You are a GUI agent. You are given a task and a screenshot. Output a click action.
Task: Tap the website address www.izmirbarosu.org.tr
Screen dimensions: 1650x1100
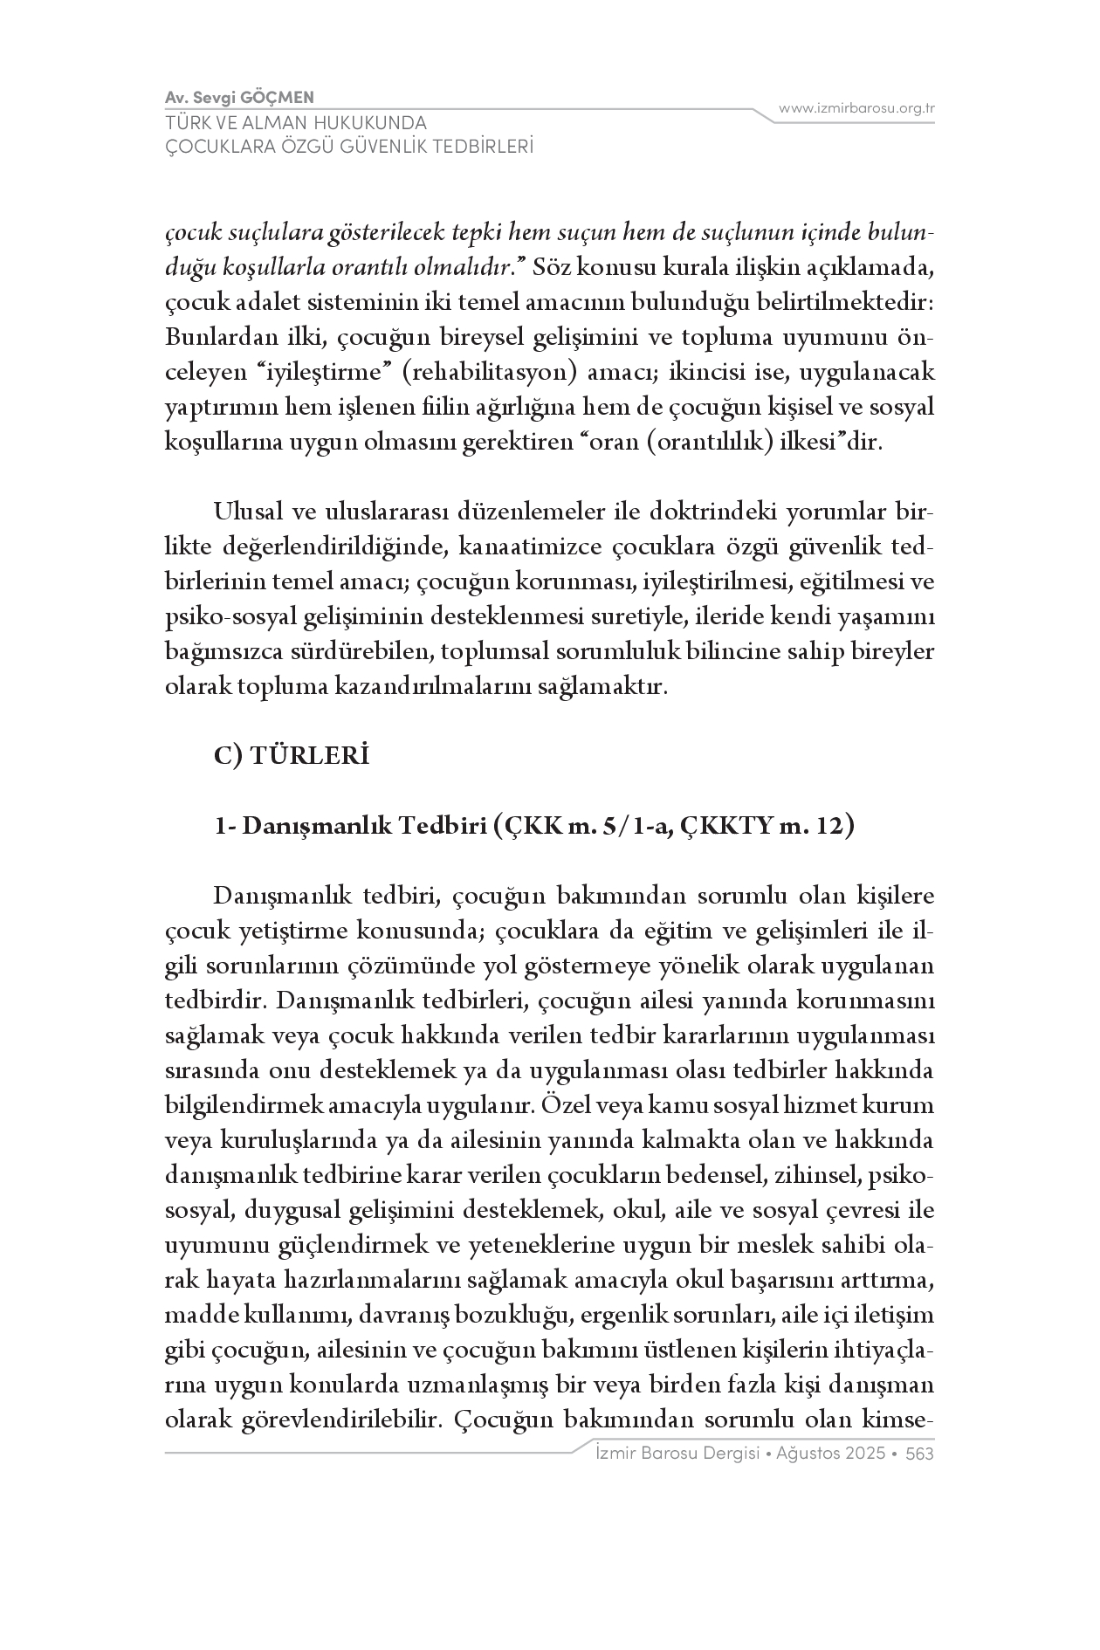click(857, 109)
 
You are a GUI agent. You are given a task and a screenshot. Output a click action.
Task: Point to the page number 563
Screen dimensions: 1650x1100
click(920, 1454)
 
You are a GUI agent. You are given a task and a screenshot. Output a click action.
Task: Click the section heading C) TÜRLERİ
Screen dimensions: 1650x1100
click(292, 756)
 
